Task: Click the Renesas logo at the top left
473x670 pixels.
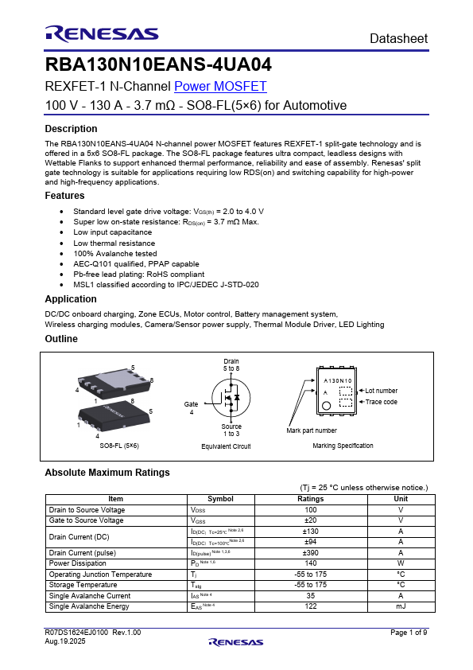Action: tap(101, 33)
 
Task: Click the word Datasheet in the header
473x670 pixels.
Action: tap(398, 38)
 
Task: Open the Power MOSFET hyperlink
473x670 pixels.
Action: tap(220, 87)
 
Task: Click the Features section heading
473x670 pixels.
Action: tap(64, 195)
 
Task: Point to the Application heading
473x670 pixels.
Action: tap(71, 299)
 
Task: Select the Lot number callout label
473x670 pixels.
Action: tap(381, 391)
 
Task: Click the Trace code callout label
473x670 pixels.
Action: tap(381, 402)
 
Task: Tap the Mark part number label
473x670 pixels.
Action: tap(312, 430)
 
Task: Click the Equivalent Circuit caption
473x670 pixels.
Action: tap(226, 446)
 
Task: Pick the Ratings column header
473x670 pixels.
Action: tap(310, 499)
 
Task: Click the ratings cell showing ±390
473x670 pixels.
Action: tap(310, 552)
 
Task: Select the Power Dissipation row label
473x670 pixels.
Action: tap(77, 563)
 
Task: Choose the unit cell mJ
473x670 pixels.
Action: tap(401, 606)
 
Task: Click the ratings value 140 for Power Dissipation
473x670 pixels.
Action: tap(310, 563)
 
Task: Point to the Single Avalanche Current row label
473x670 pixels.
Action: tap(89, 595)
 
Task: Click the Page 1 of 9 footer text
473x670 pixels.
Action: tap(409, 633)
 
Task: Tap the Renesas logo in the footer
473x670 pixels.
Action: tap(236, 642)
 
